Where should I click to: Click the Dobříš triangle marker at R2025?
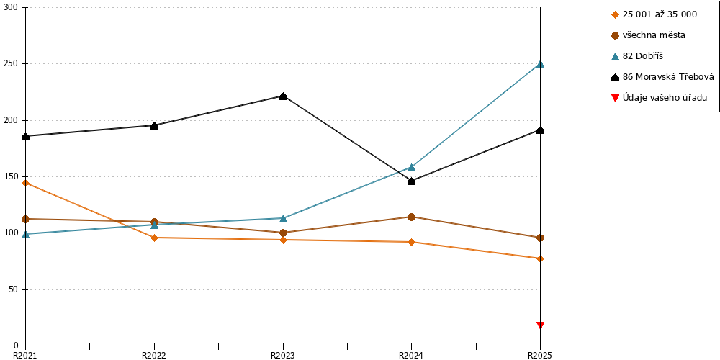pyautogui.click(x=541, y=64)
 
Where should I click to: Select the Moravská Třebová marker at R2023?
pyautogui.click(x=283, y=96)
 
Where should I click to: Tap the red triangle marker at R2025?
pyautogui.click(x=541, y=325)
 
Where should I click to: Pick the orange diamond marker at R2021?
pyautogui.click(x=26, y=183)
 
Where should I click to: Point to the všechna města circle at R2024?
pyautogui.click(x=411, y=217)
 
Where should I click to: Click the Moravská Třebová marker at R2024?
pyautogui.click(x=411, y=181)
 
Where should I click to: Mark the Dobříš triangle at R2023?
pyautogui.click(x=283, y=218)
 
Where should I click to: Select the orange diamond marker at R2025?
pyautogui.click(x=541, y=258)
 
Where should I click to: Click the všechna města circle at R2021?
pyautogui.click(x=26, y=219)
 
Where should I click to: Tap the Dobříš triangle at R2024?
pyautogui.click(x=411, y=167)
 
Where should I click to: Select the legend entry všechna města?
pyautogui.click(x=649, y=35)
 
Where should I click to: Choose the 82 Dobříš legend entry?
pyautogui.click(x=638, y=56)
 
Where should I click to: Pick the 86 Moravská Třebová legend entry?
pyautogui.click(x=663, y=77)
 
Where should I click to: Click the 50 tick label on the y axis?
pyautogui.click(x=16, y=289)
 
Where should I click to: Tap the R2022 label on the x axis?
pyautogui.click(x=154, y=355)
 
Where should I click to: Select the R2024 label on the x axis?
pyautogui.click(x=411, y=355)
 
